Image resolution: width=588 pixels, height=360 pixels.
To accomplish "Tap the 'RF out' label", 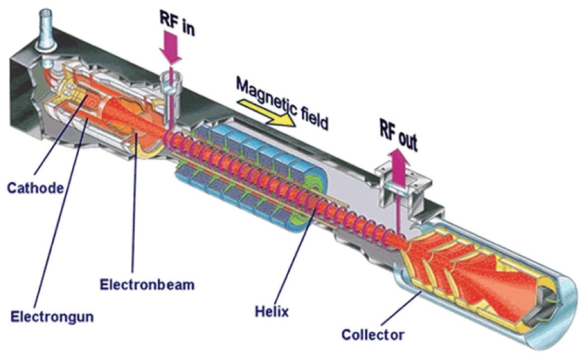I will point(398,141).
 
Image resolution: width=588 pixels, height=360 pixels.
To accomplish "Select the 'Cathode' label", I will point(35,188).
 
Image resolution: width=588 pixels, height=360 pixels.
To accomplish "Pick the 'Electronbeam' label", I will point(146,285).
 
